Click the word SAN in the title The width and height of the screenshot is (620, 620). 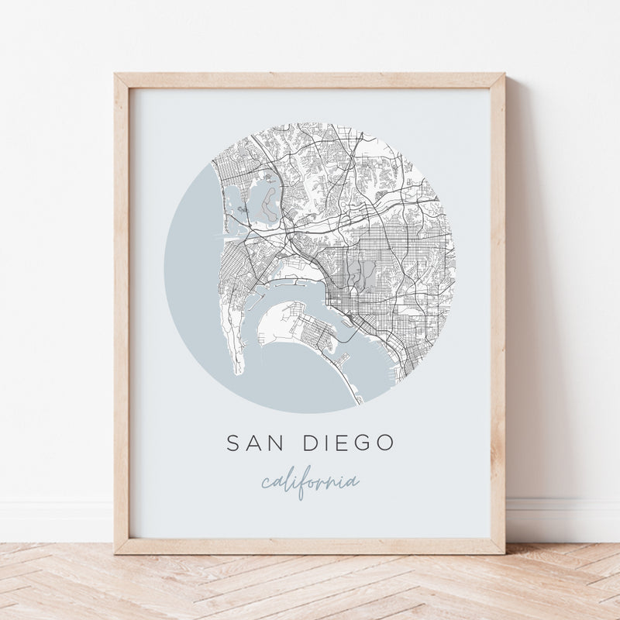tap(251, 444)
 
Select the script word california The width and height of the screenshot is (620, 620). tap(310, 482)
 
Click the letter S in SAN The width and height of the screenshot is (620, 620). tap(232, 444)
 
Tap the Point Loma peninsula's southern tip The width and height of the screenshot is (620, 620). tap(239, 370)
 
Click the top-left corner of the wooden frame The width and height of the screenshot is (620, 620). tap(116, 76)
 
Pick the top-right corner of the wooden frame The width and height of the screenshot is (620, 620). tap(503, 76)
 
